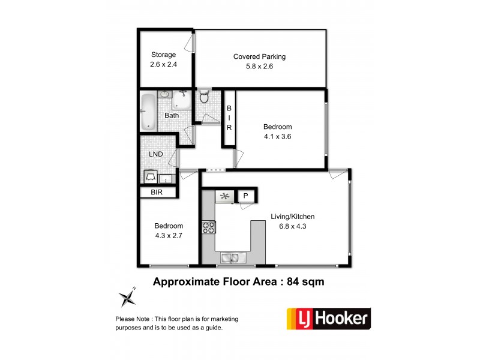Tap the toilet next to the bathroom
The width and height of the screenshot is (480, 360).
pos(204,97)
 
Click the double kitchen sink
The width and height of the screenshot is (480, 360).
pos(230,259)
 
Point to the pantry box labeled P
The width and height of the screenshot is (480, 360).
pos(245,196)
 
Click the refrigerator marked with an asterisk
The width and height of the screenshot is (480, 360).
pos(224,196)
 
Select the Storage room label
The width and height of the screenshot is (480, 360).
pos(163,55)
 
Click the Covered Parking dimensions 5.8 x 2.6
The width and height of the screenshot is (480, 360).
pos(259,67)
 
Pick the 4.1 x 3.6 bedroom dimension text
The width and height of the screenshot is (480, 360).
pos(277,136)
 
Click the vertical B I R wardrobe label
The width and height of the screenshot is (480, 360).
pos(229,118)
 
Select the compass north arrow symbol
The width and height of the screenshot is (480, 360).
pos(127,297)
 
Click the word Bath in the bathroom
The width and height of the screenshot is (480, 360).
pos(172,115)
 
